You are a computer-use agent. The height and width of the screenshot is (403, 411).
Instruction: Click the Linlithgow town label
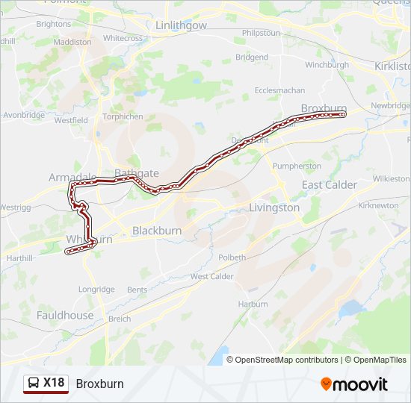(x=181, y=25)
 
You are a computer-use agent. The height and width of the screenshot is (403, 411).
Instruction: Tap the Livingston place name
(x=274, y=208)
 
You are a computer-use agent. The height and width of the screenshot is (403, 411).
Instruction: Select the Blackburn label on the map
(x=157, y=231)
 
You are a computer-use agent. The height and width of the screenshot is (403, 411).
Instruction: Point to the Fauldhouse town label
(x=66, y=315)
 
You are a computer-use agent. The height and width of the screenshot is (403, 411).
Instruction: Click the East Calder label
(x=330, y=184)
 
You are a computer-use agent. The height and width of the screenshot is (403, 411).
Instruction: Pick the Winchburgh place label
(x=327, y=65)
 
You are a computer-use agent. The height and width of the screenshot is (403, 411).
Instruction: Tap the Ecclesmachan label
(x=279, y=90)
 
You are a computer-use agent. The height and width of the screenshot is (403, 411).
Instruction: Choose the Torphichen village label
(x=123, y=116)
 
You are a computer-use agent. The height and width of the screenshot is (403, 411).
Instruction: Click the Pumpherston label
(x=297, y=166)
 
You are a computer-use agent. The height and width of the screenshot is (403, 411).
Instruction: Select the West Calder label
(x=212, y=276)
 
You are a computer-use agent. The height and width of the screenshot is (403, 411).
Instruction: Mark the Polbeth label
(x=232, y=257)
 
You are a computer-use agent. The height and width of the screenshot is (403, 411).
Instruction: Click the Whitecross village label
(x=123, y=38)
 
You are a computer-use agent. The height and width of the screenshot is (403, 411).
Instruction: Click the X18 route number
(x=54, y=384)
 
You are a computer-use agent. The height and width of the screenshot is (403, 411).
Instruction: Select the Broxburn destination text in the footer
(x=99, y=384)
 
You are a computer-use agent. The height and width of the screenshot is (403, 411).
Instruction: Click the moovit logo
(x=354, y=384)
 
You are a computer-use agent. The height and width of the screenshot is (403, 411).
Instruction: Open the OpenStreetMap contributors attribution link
(x=286, y=360)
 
